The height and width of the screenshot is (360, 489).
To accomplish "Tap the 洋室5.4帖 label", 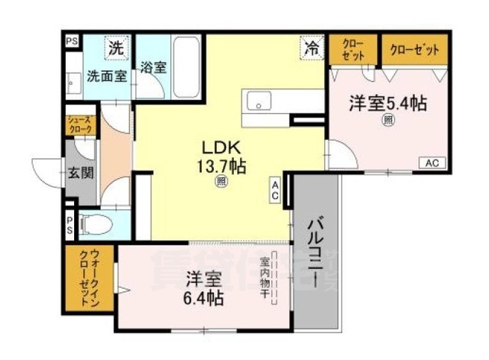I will [387, 102].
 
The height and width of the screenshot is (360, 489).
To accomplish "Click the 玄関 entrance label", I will [81, 172].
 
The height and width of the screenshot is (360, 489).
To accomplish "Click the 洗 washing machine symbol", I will [115, 47].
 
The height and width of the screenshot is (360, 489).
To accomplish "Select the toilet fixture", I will [96, 224].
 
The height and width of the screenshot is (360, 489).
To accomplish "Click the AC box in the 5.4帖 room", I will [431, 163].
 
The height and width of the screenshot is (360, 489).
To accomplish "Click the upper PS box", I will [71, 41].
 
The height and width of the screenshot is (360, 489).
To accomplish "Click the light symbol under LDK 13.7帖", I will [221, 182].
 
